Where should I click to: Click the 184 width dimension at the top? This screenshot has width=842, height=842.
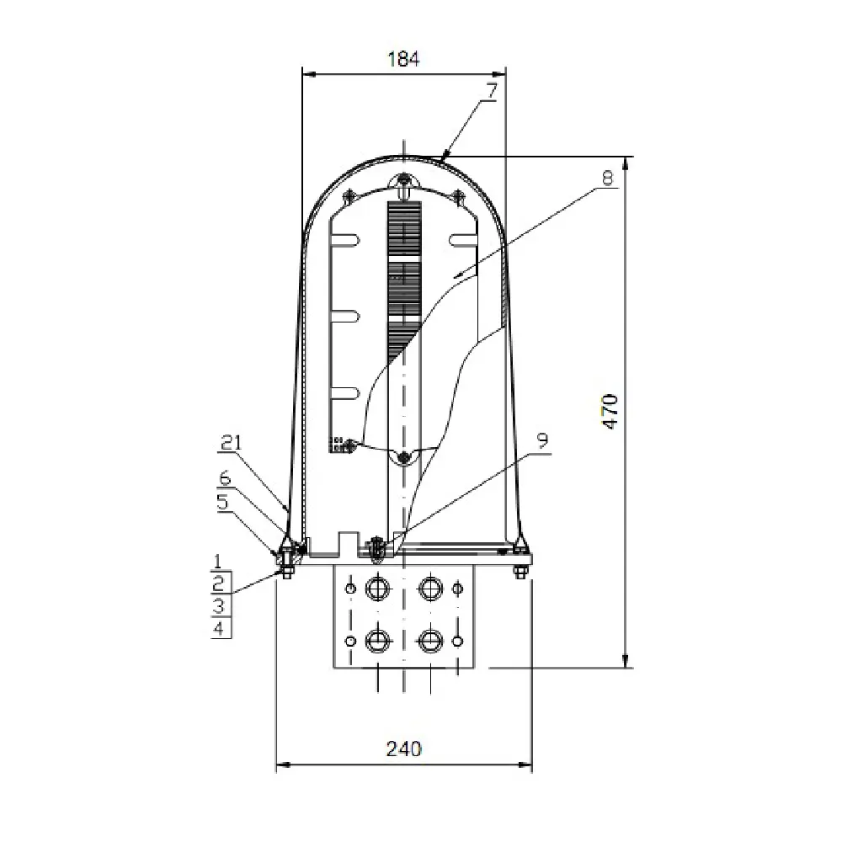402,59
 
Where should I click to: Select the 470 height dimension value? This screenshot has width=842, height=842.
611,412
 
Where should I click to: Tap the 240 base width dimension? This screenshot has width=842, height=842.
403,748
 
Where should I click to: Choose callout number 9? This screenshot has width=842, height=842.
542,440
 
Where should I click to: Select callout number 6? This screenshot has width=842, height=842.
224,477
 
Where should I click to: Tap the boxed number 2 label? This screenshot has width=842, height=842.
218,583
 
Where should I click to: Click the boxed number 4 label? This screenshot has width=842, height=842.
218,628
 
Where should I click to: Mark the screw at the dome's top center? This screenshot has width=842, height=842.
404,180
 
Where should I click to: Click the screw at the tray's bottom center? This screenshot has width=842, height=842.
404,456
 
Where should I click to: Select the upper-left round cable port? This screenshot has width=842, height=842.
376,587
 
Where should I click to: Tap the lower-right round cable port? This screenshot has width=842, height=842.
431,641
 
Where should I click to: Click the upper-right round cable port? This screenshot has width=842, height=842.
431,587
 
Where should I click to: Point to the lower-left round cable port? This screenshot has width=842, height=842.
376,641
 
